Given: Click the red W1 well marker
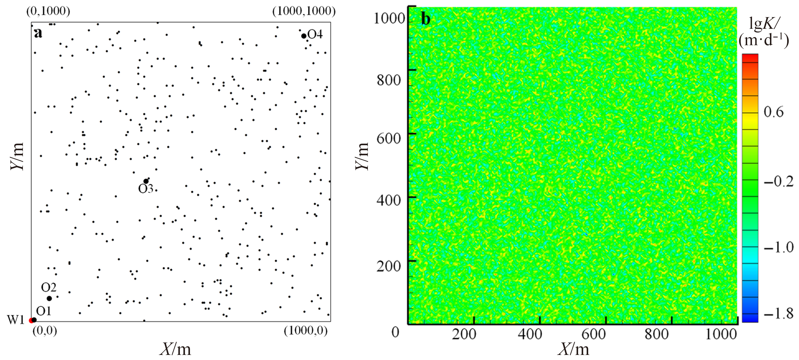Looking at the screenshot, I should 31,320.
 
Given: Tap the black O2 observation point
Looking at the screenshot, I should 49,298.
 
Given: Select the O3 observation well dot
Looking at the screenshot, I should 146,181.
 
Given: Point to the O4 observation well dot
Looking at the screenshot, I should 304,36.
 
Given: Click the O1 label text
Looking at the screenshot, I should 43,311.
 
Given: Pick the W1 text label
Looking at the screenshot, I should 16,320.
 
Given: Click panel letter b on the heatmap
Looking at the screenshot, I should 426,19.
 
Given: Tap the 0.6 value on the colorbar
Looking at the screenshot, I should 774,112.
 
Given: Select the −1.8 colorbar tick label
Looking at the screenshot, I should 778,314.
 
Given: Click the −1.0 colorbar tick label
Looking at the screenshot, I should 778,247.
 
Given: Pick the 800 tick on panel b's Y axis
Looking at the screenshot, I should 389,80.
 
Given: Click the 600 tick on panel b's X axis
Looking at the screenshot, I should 593,334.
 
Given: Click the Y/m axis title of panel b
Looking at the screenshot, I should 362,156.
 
